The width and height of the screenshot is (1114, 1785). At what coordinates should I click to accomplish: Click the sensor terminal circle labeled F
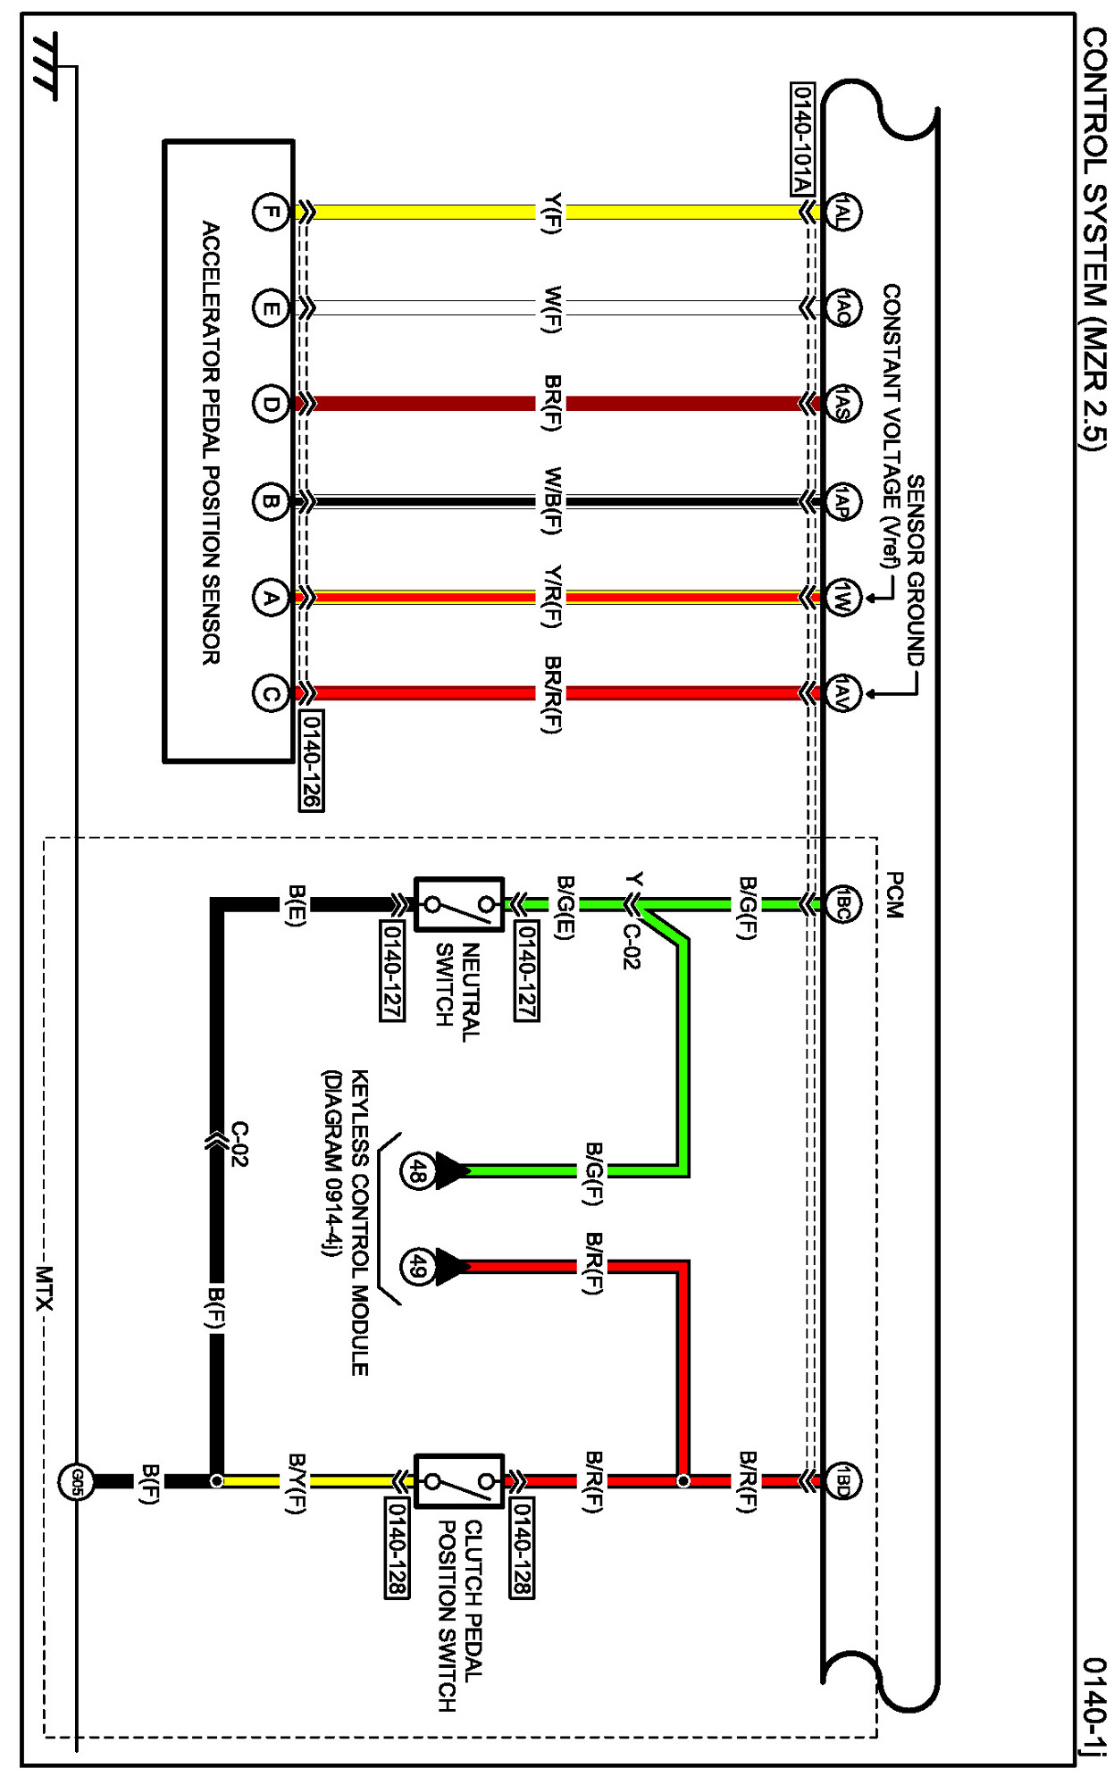270,213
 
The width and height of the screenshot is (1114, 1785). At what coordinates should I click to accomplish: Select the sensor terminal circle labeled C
270,694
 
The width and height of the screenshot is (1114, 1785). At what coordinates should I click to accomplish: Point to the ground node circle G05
76,1481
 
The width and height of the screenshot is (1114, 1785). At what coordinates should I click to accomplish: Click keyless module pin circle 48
417,1170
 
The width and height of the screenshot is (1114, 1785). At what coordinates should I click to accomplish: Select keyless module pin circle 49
417,1266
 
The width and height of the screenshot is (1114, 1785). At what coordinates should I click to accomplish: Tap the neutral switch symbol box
459,904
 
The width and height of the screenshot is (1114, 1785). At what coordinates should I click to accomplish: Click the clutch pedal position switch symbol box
459,1481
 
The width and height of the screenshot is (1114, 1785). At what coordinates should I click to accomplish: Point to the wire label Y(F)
552,213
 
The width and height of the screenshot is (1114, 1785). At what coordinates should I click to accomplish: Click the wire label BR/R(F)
552,694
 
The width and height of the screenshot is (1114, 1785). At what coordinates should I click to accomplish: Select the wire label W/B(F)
552,501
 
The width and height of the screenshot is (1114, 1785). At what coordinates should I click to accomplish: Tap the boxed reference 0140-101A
802,138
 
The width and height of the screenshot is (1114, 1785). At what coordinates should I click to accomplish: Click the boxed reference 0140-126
311,760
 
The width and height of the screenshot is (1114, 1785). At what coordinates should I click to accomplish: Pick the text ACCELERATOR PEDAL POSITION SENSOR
211,442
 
